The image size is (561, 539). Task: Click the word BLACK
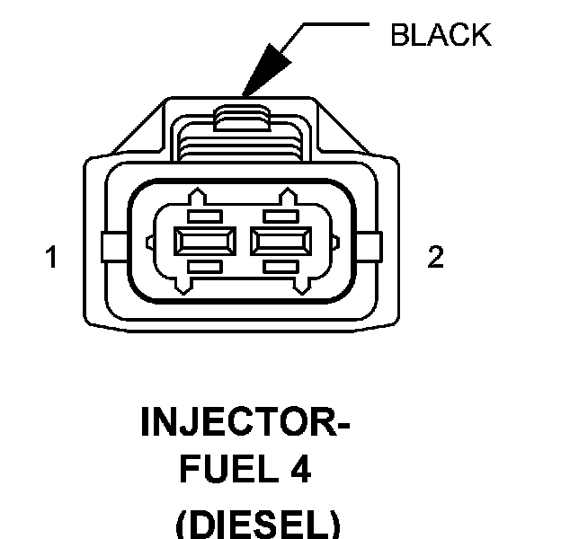pos(441,35)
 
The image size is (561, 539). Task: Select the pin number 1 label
pos(51,256)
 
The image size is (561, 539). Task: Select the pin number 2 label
pos(435,256)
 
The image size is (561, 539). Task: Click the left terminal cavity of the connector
pos(205,242)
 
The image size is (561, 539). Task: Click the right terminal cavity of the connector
pos(280,242)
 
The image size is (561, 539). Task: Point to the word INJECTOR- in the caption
pos(245,421)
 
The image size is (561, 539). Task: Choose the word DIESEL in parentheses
pos(258,525)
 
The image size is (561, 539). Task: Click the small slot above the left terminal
pos(205,216)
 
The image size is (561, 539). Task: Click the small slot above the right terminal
pos(280,216)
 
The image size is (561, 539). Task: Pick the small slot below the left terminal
pos(205,267)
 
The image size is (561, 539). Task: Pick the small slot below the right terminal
pos(280,267)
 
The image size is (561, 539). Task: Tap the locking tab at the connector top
pos(242,119)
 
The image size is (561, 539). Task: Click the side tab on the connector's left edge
pos(114,247)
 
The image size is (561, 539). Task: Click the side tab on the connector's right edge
pos(370,247)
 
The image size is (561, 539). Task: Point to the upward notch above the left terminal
pos(197,196)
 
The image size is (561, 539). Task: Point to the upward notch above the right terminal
pos(288,196)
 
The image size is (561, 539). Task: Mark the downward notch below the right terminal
pos(303,287)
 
